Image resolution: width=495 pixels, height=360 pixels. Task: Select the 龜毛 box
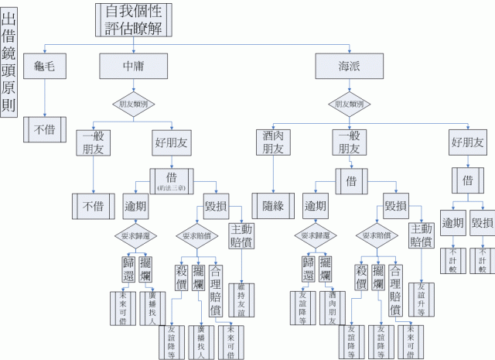click(44, 65)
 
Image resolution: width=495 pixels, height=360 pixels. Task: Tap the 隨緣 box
click(274, 204)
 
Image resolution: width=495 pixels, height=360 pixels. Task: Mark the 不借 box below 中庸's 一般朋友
click(94, 206)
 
